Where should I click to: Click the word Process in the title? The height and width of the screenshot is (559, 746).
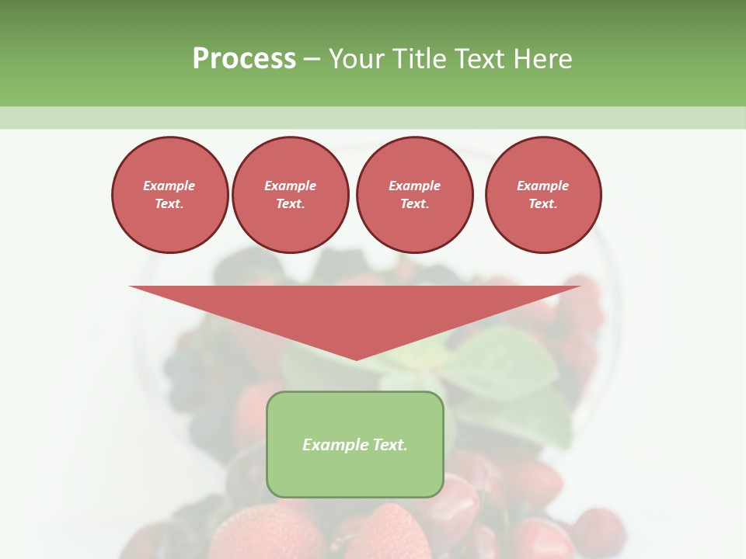(x=244, y=59)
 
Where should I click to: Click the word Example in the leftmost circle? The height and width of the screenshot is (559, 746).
(x=169, y=186)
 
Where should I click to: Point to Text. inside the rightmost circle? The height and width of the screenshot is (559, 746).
(x=543, y=203)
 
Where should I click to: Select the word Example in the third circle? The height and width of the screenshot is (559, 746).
(x=415, y=186)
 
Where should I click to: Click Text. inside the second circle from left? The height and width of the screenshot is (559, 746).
(x=291, y=203)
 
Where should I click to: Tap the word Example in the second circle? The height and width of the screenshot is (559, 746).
(x=291, y=186)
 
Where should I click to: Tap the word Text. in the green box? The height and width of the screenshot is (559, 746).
(x=389, y=445)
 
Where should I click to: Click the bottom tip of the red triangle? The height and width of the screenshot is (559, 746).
(x=356, y=358)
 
